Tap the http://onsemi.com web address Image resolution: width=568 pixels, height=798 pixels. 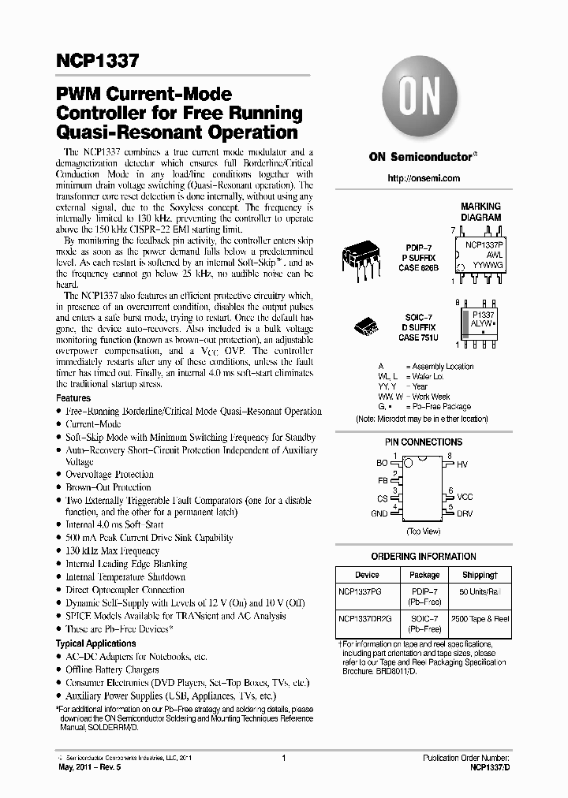click(x=424, y=179)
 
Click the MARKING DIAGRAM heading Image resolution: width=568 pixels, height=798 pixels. click(x=480, y=211)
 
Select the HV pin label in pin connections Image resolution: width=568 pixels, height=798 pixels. click(x=462, y=465)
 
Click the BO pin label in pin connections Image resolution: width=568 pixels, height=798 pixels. click(x=382, y=464)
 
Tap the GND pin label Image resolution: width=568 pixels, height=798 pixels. click(x=379, y=513)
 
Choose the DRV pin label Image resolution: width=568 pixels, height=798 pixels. click(x=465, y=513)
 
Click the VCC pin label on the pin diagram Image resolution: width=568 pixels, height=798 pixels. click(x=465, y=497)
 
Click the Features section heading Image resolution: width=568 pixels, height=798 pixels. click(x=73, y=398)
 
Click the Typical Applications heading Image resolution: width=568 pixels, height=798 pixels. click(x=95, y=643)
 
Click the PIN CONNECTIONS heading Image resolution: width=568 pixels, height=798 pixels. click(x=424, y=442)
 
